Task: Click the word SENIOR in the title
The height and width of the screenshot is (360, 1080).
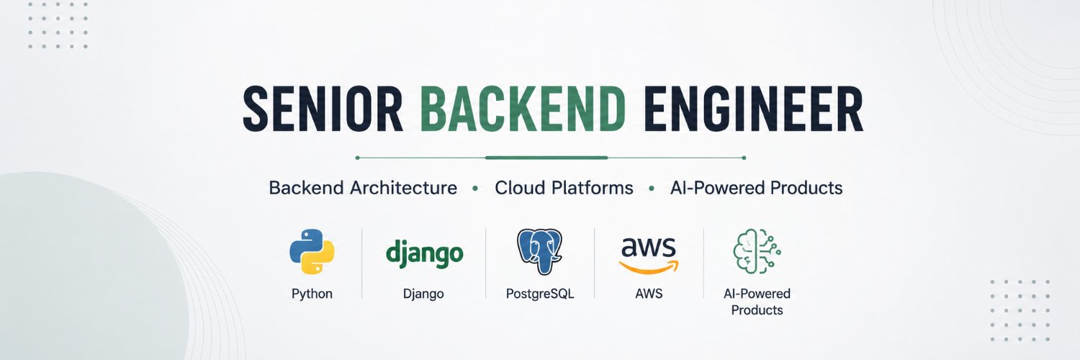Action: [323, 109]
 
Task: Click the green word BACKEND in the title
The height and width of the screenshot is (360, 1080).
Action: [523, 109]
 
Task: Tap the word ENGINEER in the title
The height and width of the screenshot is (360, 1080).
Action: [753, 109]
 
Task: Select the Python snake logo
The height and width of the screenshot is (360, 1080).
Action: [312, 251]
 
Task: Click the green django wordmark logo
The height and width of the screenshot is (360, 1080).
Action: [424, 253]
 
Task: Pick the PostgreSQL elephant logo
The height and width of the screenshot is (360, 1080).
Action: [539, 251]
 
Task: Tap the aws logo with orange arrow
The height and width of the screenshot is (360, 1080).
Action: [649, 256]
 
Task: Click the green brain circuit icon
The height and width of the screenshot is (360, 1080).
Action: [757, 251]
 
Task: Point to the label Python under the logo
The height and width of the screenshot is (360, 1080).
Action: [312, 294]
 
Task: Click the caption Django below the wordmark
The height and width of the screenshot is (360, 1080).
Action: [423, 294]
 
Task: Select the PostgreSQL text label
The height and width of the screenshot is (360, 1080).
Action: [540, 294]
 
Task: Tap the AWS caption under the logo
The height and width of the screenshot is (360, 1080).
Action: [649, 294]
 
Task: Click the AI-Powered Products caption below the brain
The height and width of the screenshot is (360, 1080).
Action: [757, 302]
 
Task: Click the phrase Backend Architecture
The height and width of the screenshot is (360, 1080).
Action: [363, 187]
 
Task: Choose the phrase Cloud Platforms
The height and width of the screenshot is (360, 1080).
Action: [564, 187]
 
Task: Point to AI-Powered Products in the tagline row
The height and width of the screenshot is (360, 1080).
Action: [757, 187]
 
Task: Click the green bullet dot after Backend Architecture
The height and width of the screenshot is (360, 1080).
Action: [475, 189]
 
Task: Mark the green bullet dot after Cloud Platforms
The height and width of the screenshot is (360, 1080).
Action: [652, 189]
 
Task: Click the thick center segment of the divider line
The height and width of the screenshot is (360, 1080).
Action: [546, 158]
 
